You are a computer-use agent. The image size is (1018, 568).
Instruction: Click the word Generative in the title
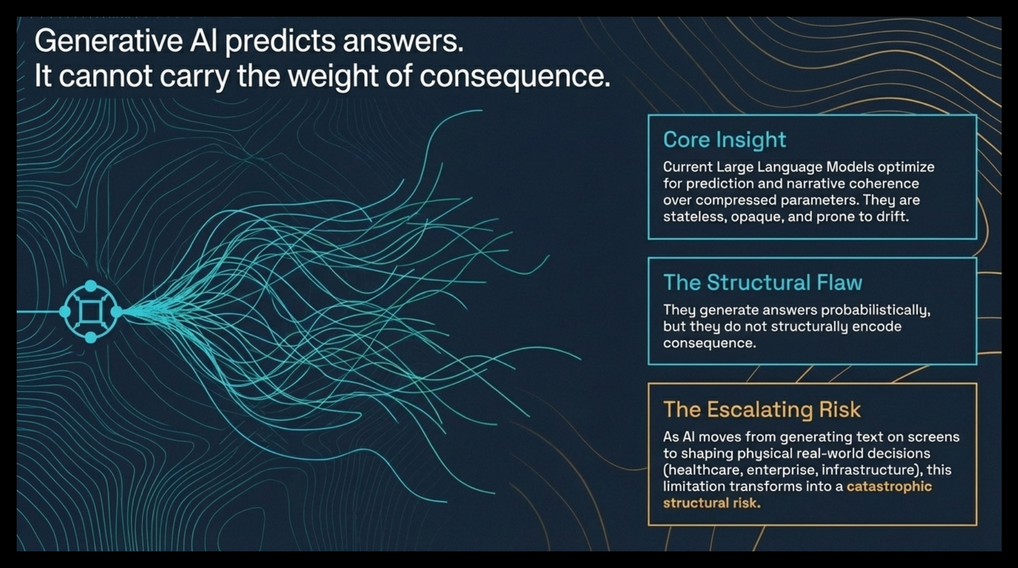pos(108,41)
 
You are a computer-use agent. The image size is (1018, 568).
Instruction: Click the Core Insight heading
pos(724,140)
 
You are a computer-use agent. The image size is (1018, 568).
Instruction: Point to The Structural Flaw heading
pos(763,282)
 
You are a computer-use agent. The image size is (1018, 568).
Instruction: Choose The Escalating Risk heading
pos(762,409)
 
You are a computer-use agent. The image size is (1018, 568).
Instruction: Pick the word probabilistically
pos(869,310)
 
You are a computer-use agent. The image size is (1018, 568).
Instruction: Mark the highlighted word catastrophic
pos(889,486)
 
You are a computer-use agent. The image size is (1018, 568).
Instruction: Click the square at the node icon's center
pos(90,312)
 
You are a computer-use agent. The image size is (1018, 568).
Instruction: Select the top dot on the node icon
pos(90,286)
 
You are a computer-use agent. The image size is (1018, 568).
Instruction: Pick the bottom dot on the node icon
pos(90,337)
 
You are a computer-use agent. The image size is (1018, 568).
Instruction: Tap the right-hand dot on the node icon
pos(117,312)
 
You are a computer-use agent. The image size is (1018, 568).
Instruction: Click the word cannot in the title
pos(105,77)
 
